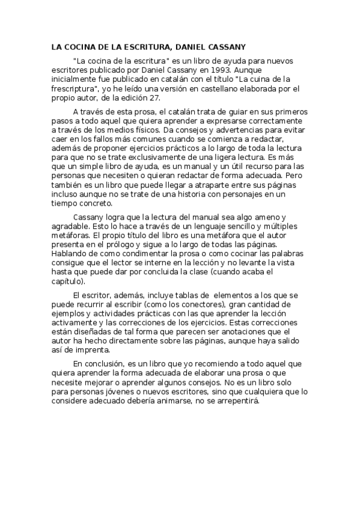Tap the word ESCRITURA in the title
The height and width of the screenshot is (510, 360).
pyautogui.click(x=141, y=46)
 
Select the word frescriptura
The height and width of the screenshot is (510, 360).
pyautogui.click(x=76, y=88)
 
